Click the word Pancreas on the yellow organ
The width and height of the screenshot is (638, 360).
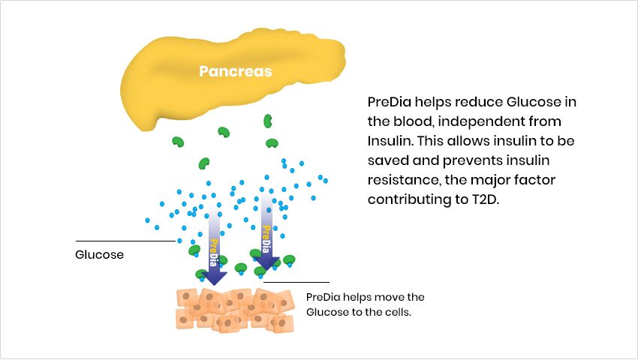[x=235, y=71]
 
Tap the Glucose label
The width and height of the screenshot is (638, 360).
[x=99, y=255]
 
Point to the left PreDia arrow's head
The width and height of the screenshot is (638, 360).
[x=215, y=278]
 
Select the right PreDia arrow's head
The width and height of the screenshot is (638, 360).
[x=267, y=263]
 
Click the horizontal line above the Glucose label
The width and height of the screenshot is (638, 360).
[x=126, y=241]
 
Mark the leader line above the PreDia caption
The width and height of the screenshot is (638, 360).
[x=296, y=282]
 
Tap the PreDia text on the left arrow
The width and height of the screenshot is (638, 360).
[x=214, y=253]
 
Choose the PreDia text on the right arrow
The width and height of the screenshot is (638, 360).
[x=266, y=239]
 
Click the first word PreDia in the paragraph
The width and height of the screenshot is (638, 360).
[x=390, y=102]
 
